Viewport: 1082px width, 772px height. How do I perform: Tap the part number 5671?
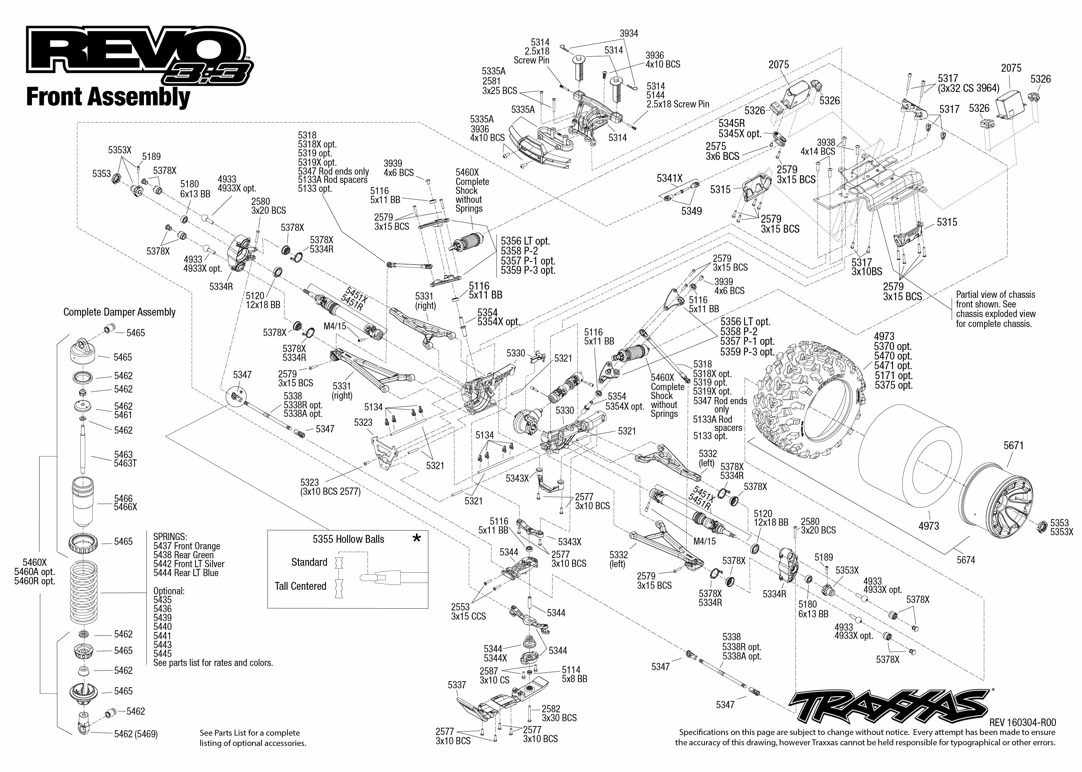[x=1014, y=445]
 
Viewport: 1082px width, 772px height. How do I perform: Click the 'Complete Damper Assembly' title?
[x=120, y=312]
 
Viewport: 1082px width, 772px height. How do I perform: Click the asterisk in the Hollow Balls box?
[x=417, y=538]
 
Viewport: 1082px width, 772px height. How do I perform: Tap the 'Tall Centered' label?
[x=300, y=586]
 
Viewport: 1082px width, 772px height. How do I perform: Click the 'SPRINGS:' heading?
[x=170, y=536]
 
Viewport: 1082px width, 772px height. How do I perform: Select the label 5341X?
[x=669, y=178]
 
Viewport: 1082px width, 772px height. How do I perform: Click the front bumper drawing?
[x=542, y=143]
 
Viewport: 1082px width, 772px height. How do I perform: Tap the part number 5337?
[x=457, y=685]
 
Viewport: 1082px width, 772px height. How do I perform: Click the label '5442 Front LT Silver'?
[x=189, y=564]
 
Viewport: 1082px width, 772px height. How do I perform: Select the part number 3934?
[x=629, y=33]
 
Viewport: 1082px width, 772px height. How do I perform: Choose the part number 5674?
[x=966, y=560]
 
